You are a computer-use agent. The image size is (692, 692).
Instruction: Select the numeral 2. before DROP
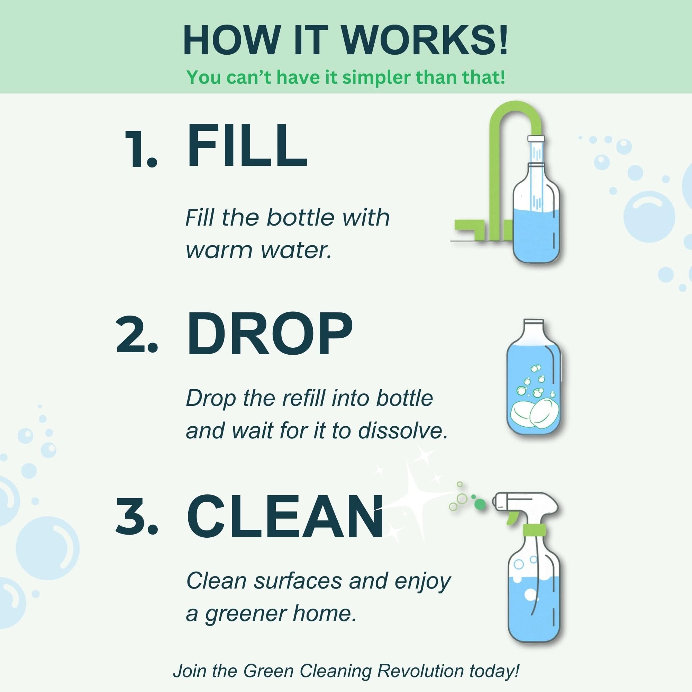click(136, 336)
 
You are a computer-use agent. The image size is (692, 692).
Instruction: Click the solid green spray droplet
click(480, 504)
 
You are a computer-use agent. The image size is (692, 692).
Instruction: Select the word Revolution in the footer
click(420, 671)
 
